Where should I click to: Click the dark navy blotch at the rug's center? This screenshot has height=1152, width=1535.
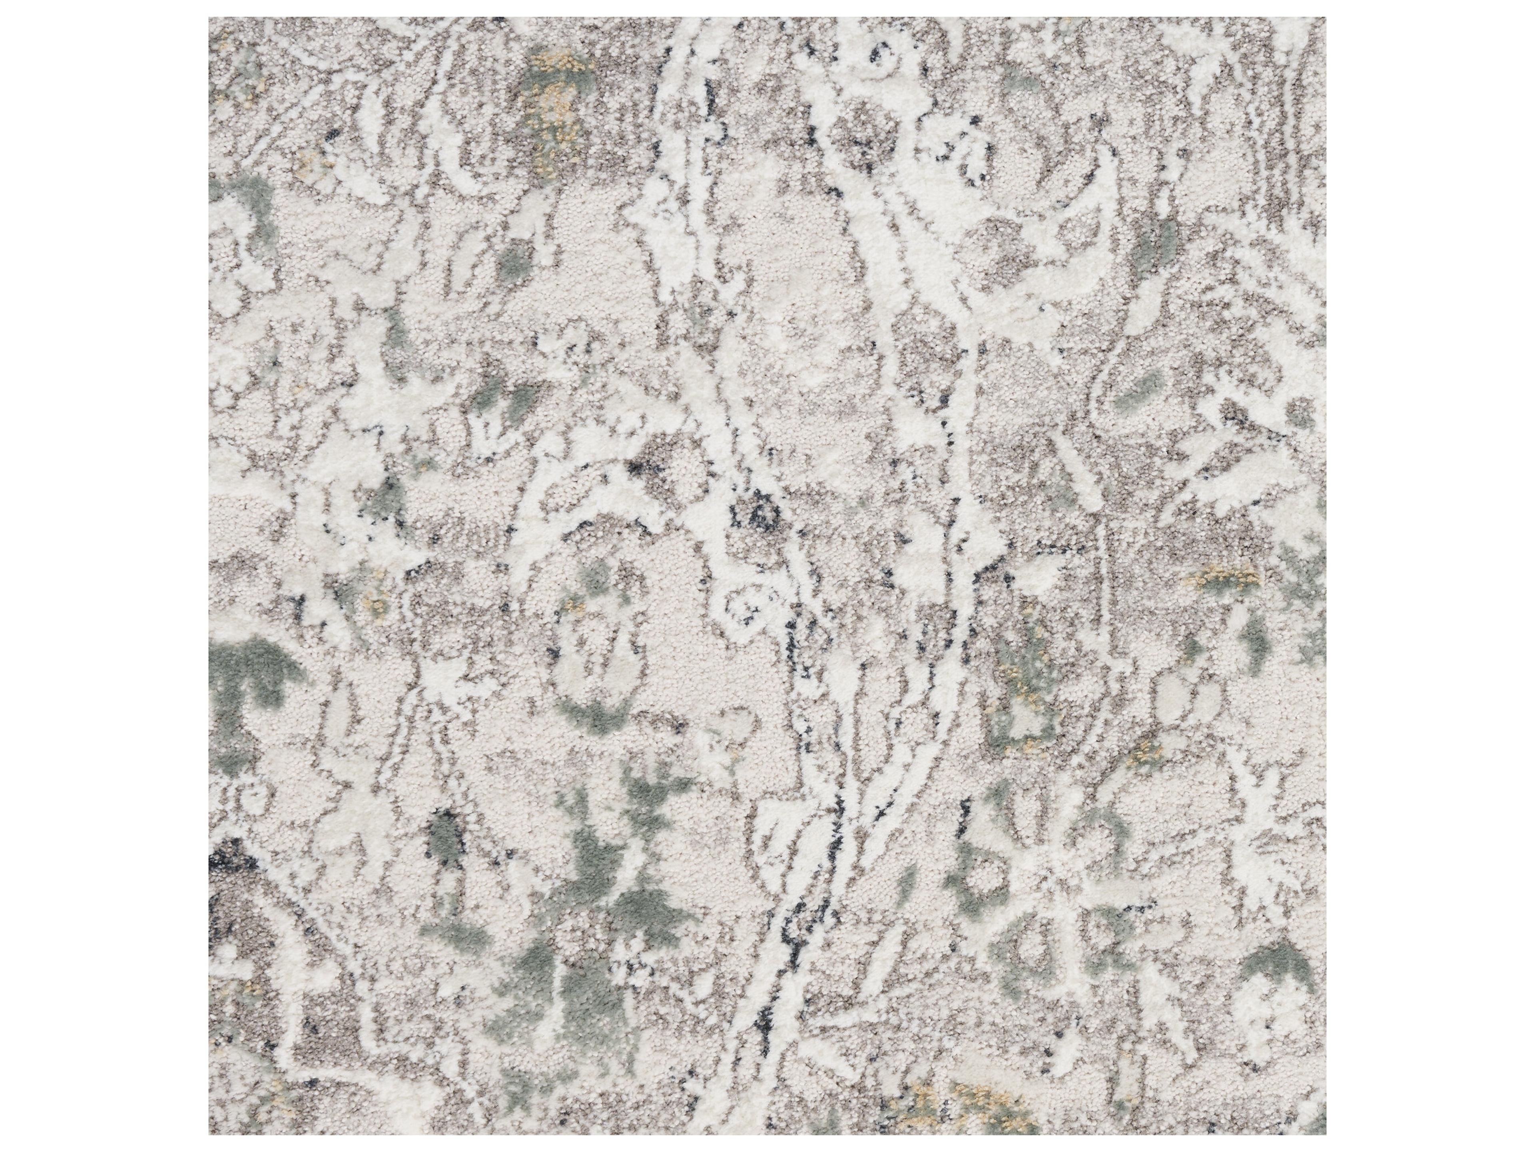click(764, 514)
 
